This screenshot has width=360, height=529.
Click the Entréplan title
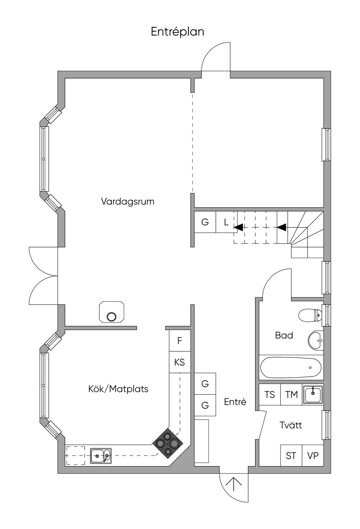(178, 32)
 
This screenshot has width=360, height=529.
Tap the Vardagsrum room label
(128, 202)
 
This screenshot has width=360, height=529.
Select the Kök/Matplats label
(118, 389)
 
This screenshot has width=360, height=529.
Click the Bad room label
(284, 335)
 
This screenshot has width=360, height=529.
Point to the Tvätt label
(291, 425)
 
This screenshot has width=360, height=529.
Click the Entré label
(235, 402)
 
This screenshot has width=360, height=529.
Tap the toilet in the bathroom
(310, 315)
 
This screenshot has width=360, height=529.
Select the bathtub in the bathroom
(291, 368)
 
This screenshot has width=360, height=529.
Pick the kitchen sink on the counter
(101, 456)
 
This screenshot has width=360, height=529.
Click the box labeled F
(180, 341)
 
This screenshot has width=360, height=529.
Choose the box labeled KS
(180, 362)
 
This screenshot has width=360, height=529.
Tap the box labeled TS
(270, 395)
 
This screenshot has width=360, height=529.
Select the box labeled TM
(291, 395)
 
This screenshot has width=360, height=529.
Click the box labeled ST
(291, 456)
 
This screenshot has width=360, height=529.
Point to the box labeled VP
(313, 456)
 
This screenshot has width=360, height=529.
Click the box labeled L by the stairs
(226, 222)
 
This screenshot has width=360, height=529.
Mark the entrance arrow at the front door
(234, 484)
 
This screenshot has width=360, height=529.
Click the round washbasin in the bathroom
(316, 340)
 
